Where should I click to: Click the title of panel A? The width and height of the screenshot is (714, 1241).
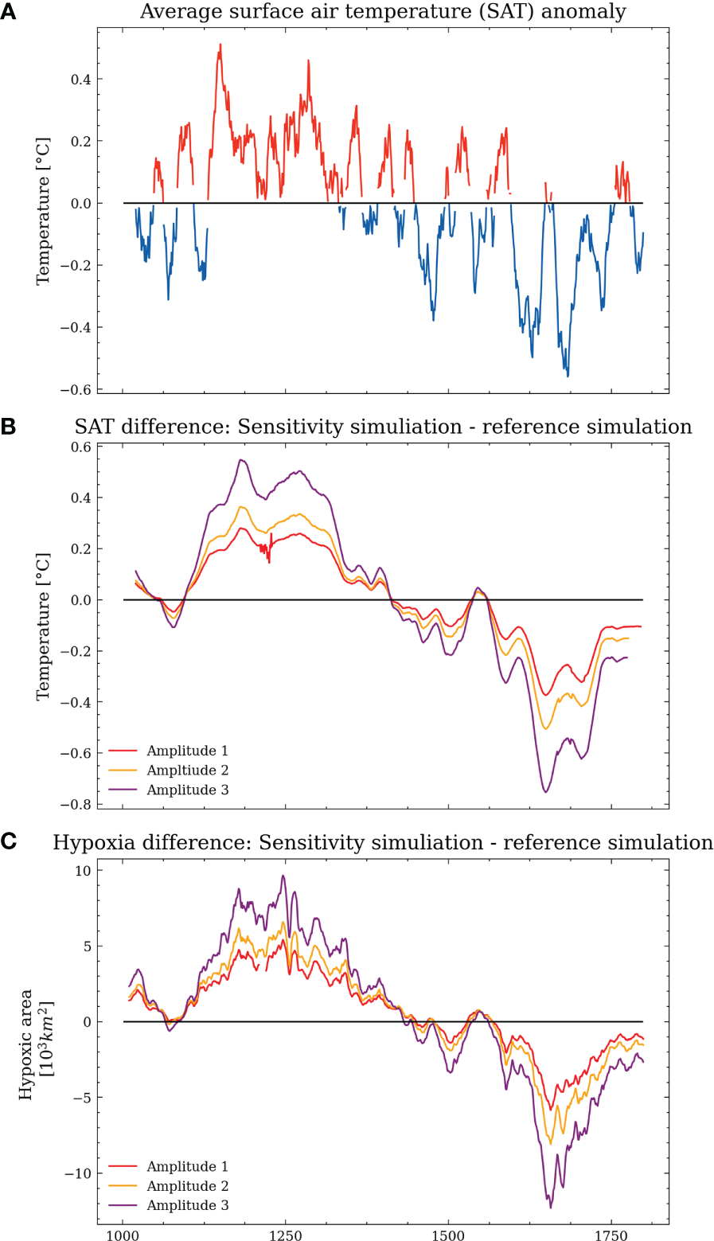pyautogui.click(x=383, y=12)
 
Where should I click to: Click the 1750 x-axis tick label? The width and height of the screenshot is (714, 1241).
pyautogui.click(x=611, y=1231)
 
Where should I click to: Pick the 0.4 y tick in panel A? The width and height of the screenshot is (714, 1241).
pyautogui.click(x=81, y=79)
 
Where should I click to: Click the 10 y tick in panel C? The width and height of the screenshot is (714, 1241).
pyautogui.click(x=84, y=870)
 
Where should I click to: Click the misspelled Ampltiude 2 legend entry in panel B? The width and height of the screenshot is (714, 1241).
pyautogui.click(x=187, y=771)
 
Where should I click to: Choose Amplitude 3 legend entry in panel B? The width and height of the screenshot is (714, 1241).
pyautogui.click(x=187, y=790)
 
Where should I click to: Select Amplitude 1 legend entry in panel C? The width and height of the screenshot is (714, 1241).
pyautogui.click(x=187, y=1167)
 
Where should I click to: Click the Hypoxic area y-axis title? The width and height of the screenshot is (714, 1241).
pyautogui.click(x=33, y=1044)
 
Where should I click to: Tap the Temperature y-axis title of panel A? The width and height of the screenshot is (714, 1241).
pyautogui.click(x=43, y=211)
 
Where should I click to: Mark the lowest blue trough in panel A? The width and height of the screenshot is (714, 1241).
pyautogui.click(x=568, y=376)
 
